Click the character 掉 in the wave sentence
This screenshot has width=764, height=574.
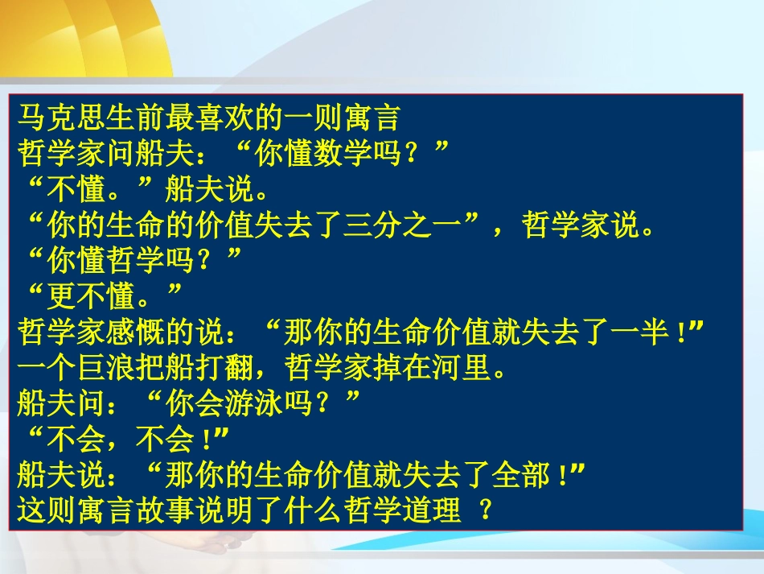point(398,368)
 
